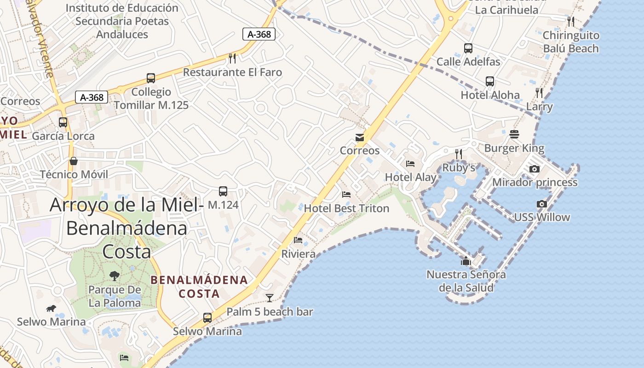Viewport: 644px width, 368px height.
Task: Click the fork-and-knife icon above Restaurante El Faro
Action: [x=232, y=58]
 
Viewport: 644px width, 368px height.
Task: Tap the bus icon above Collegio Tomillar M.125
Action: [x=151, y=78]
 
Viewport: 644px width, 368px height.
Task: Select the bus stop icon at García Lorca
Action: [x=63, y=122]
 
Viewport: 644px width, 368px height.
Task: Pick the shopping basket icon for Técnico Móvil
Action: [x=73, y=161]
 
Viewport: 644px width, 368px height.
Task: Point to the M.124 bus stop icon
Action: [x=223, y=191]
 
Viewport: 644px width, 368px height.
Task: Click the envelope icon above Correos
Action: [x=360, y=138]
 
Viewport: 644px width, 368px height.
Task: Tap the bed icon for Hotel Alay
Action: [x=410, y=164]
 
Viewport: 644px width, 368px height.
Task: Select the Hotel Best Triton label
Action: [x=346, y=208]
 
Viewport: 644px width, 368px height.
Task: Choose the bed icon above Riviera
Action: [x=298, y=240]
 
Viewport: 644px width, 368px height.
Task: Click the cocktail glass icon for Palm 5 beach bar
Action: [x=270, y=298]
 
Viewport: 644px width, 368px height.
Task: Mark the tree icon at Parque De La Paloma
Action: [x=114, y=276]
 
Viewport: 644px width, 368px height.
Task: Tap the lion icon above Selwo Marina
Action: [x=51, y=308]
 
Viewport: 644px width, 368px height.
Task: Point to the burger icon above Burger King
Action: [x=514, y=134]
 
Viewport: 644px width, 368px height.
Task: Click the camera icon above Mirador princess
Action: [x=534, y=169]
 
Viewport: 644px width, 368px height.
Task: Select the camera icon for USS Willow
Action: [x=542, y=204]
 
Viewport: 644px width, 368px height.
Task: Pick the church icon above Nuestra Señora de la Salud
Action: [x=466, y=261]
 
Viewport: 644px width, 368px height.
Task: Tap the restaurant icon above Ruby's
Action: [x=458, y=154]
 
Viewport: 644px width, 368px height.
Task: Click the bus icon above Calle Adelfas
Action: [x=468, y=48]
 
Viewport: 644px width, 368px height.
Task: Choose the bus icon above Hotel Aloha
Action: [x=490, y=81]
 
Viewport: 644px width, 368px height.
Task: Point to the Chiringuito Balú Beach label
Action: [x=571, y=42]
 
